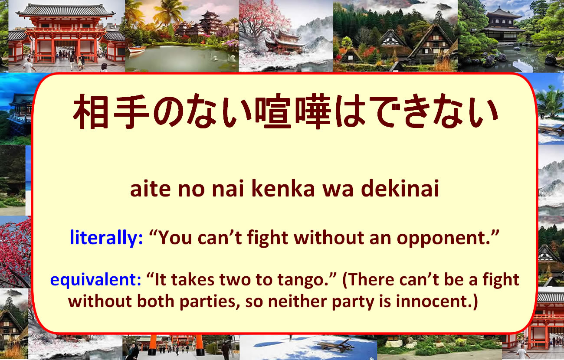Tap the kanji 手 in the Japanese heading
tap(131, 111)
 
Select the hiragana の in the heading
tap(169, 112)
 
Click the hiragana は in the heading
tap(350, 111)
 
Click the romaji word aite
tap(150, 189)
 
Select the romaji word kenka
tap(283, 188)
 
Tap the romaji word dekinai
tap(400, 188)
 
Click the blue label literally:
tap(106, 237)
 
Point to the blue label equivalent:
tap(95, 279)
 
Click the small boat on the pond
tap(137, 49)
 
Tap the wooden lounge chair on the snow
tap(336, 345)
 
